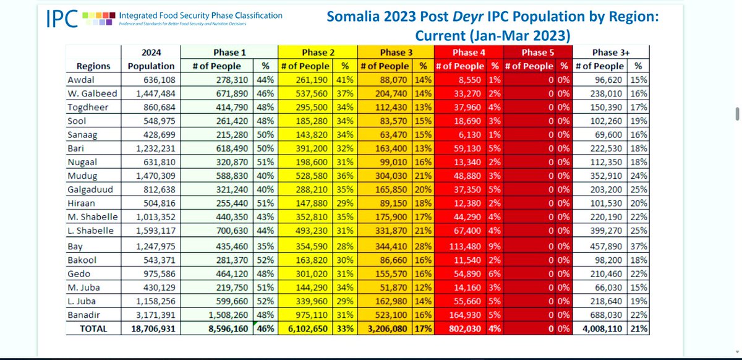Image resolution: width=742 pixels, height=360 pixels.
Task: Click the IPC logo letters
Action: [x=62, y=19]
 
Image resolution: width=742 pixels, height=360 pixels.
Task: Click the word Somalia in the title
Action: [x=353, y=17]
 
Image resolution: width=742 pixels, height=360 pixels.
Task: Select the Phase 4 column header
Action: [x=469, y=53]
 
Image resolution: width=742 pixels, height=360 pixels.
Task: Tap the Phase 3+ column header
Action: [x=611, y=53]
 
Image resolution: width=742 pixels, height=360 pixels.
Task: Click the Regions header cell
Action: [x=93, y=66]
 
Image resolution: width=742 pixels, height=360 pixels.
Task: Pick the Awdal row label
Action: [x=81, y=80]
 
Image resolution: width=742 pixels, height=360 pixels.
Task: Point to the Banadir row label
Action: [x=83, y=315]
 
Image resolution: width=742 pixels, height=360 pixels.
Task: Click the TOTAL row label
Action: [x=93, y=329]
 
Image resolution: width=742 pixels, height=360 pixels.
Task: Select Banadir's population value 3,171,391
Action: [x=155, y=315]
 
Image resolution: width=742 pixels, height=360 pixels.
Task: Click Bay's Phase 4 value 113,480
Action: [x=465, y=246]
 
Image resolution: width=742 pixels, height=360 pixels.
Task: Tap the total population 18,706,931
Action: [x=153, y=329]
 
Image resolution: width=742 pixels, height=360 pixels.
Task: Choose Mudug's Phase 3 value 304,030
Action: [x=391, y=176]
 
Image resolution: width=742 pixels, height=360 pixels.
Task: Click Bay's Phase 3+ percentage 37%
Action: [x=639, y=246]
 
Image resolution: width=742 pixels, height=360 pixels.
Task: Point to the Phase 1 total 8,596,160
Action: [x=228, y=329]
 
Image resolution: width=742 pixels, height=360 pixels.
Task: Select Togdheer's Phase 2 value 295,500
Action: [x=312, y=108]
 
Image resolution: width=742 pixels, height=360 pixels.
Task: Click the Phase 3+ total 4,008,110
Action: [x=602, y=329]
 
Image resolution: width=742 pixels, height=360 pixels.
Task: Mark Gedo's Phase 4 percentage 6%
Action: [x=494, y=274]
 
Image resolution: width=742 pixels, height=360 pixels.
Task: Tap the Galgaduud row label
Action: [x=90, y=190]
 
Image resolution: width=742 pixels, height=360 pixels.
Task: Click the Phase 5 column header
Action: [x=537, y=53]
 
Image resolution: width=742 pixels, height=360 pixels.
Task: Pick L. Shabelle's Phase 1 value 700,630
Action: [x=232, y=231]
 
